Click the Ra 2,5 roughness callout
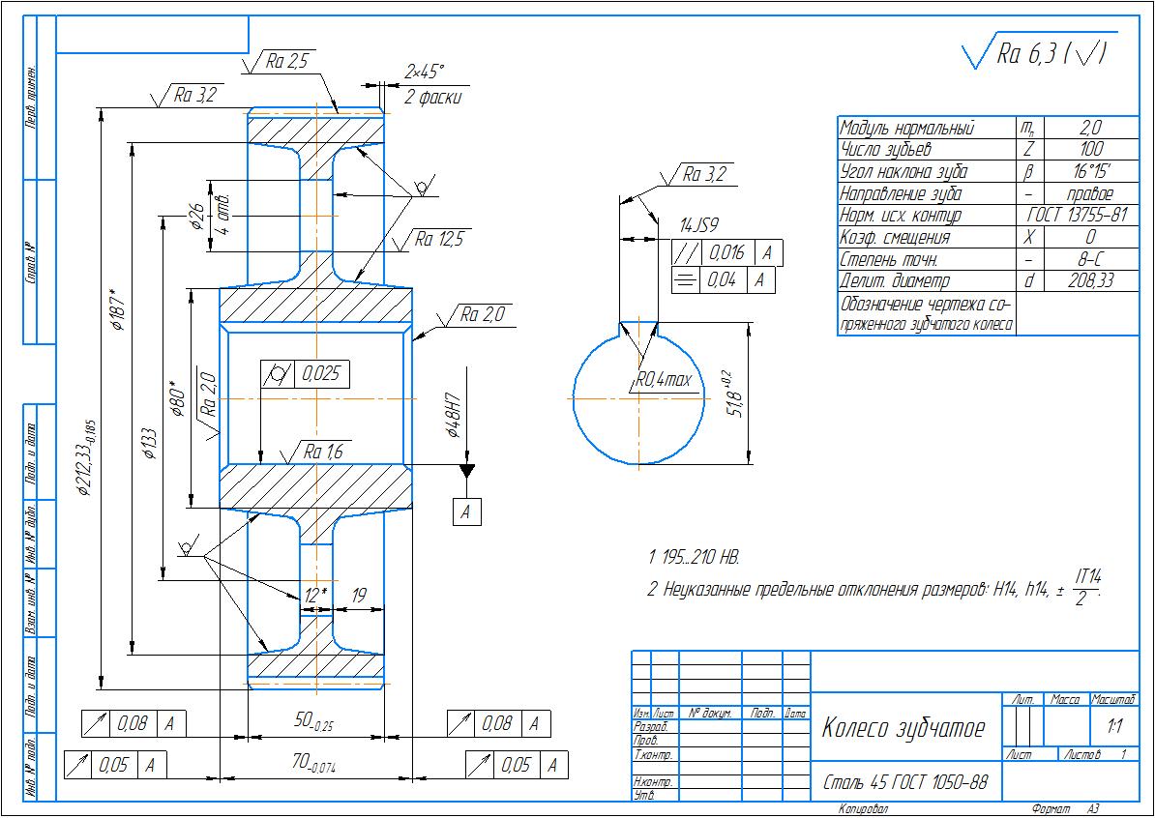coord(285,62)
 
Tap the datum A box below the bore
coord(466,511)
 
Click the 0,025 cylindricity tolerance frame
coord(305,373)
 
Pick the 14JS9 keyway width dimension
coord(698,226)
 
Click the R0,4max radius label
coord(665,381)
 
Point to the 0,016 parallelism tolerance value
coord(726,253)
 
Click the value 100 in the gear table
coord(1090,149)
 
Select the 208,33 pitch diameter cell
coord(1090,280)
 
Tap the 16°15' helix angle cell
coord(1090,171)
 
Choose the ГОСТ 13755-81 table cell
coord(1078,215)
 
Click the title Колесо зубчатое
coord(903,728)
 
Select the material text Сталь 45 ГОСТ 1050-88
coord(904,781)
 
